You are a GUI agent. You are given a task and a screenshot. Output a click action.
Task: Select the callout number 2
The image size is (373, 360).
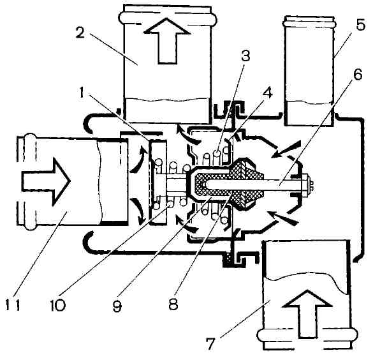(x=80, y=33)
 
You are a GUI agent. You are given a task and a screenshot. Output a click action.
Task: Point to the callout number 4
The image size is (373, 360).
(x=267, y=93)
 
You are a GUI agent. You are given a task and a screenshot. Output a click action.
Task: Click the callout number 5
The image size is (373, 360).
(x=360, y=24)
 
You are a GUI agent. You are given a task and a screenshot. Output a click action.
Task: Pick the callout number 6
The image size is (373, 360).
(x=357, y=75)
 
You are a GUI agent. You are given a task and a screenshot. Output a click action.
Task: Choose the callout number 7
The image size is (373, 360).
(x=209, y=344)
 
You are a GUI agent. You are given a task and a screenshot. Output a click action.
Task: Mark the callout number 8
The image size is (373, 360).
(x=173, y=303)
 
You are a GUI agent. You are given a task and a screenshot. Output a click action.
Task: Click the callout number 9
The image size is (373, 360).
(x=117, y=305)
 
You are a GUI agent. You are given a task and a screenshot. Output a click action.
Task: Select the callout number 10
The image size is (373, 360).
(x=57, y=304)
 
